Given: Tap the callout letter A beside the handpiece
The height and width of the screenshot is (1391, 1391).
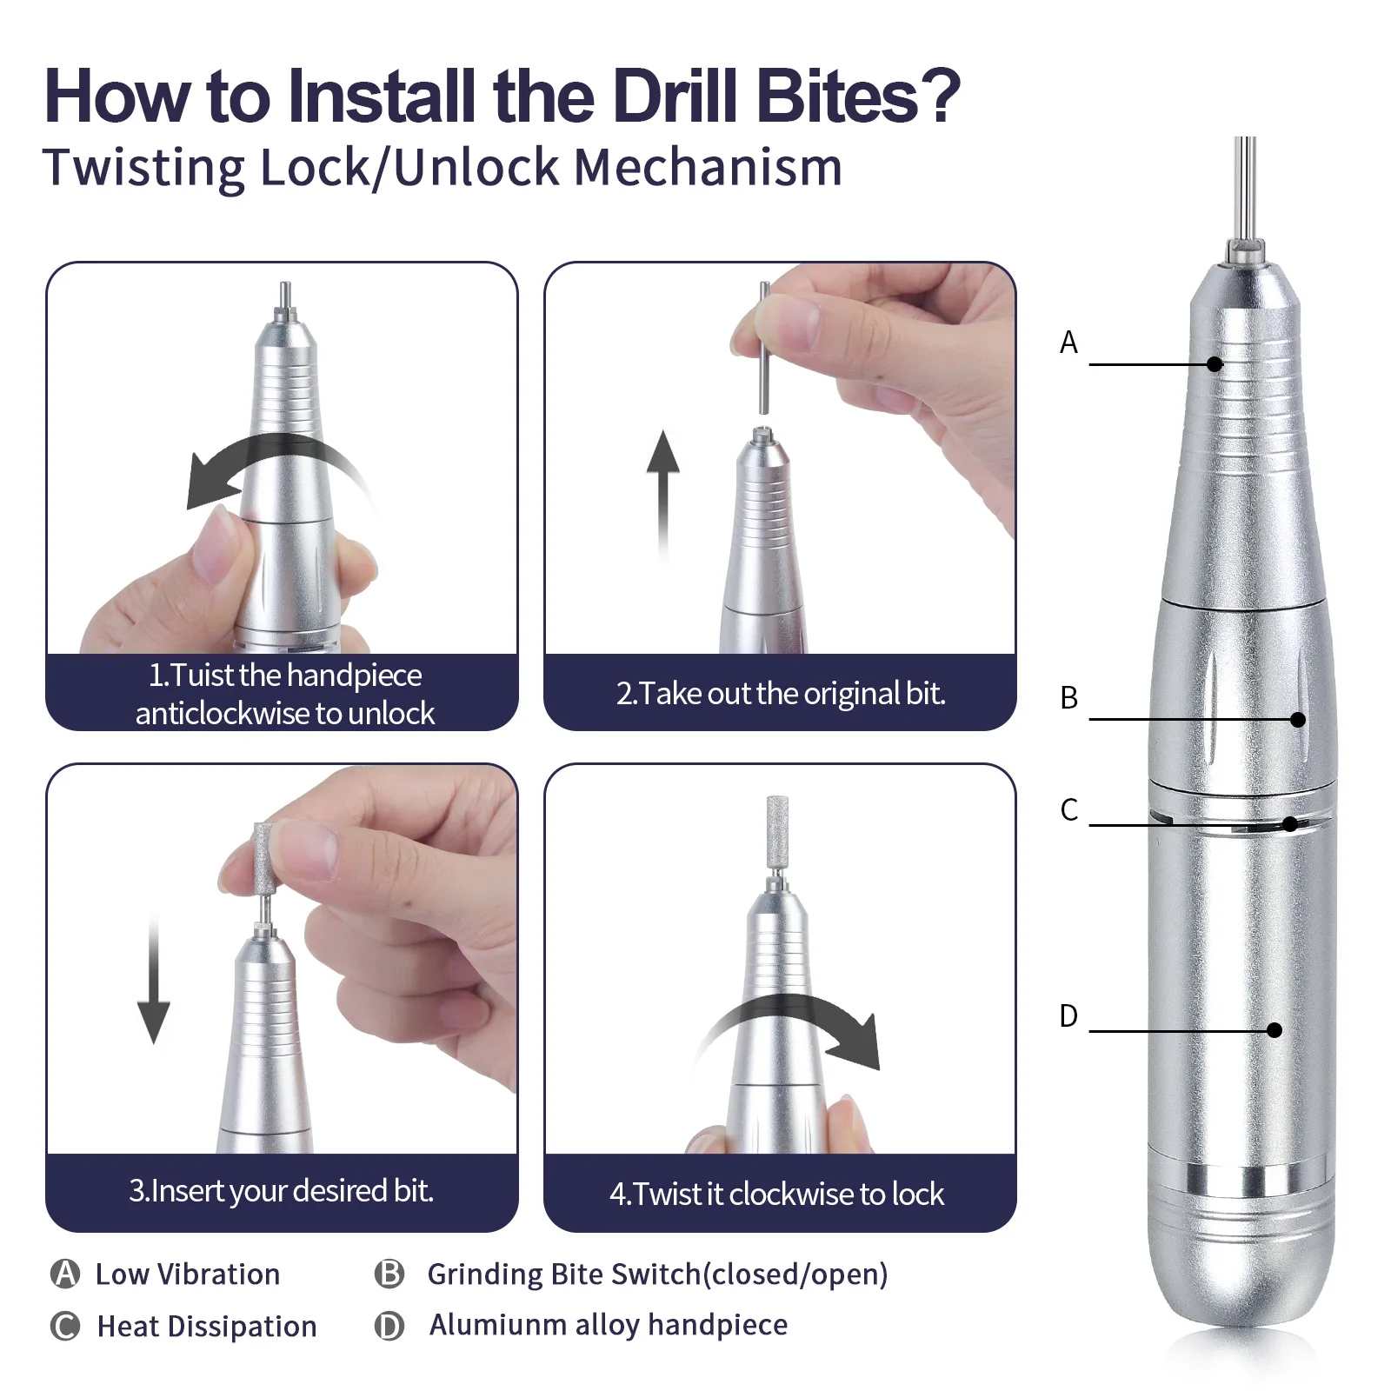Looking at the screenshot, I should tap(1068, 343).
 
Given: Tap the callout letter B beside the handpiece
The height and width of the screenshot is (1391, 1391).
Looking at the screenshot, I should tap(1068, 697).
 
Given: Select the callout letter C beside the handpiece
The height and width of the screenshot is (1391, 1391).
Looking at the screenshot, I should tap(1068, 809).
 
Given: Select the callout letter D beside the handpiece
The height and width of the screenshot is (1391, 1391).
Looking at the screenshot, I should tap(1068, 1015).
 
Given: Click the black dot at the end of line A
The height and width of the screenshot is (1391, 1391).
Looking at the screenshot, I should tap(1215, 364).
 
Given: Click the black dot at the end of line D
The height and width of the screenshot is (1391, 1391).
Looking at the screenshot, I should tap(1275, 1030).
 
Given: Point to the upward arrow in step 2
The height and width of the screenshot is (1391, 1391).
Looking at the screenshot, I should tap(663, 487).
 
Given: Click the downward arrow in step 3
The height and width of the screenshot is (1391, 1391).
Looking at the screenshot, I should tap(154, 982).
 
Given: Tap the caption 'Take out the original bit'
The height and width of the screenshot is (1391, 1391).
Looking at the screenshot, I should tap(780, 694).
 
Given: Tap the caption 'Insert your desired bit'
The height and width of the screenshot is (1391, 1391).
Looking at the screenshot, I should tap(281, 1191).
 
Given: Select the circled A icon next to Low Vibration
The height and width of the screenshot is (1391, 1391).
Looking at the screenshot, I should tap(65, 1274).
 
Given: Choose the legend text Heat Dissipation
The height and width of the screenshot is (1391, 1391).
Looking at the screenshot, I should tap(207, 1326).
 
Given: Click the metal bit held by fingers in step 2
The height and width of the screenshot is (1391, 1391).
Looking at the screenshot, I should tap(764, 348).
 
